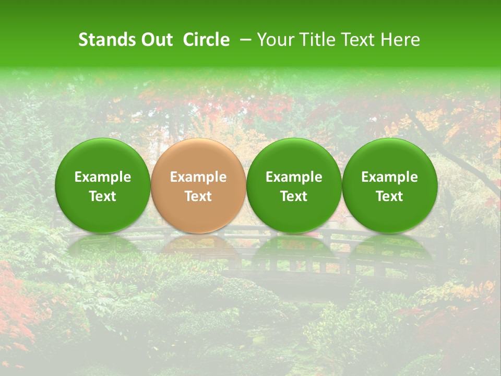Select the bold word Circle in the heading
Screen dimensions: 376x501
coord(206,40)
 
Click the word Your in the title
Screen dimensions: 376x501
coord(275,40)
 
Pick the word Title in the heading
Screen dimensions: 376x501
coord(315,40)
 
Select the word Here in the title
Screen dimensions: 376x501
coord(401,40)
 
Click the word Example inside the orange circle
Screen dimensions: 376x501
coord(198,177)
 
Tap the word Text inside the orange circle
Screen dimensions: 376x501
coord(198,196)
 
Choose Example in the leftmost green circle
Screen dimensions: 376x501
coord(103,177)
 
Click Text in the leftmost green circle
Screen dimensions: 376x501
coord(103,196)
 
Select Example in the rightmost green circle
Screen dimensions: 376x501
coord(389,177)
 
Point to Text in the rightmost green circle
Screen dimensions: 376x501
coord(389,196)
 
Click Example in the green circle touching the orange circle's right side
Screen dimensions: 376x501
coord(294,177)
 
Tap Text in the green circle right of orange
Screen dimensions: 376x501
coord(294,196)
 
